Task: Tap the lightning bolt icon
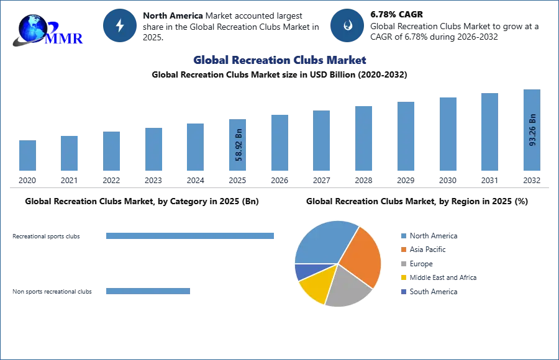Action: tap(120, 25)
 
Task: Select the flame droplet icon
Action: tap(347, 25)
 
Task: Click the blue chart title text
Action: tap(279, 60)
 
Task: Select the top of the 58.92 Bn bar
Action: tap(239, 120)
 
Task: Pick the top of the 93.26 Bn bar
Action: tap(532, 91)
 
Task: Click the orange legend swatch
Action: tap(402, 250)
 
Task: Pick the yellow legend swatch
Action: tap(402, 278)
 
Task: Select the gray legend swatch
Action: tap(402, 264)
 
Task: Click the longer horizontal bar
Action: tap(191, 236)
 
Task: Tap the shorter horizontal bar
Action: tap(148, 292)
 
